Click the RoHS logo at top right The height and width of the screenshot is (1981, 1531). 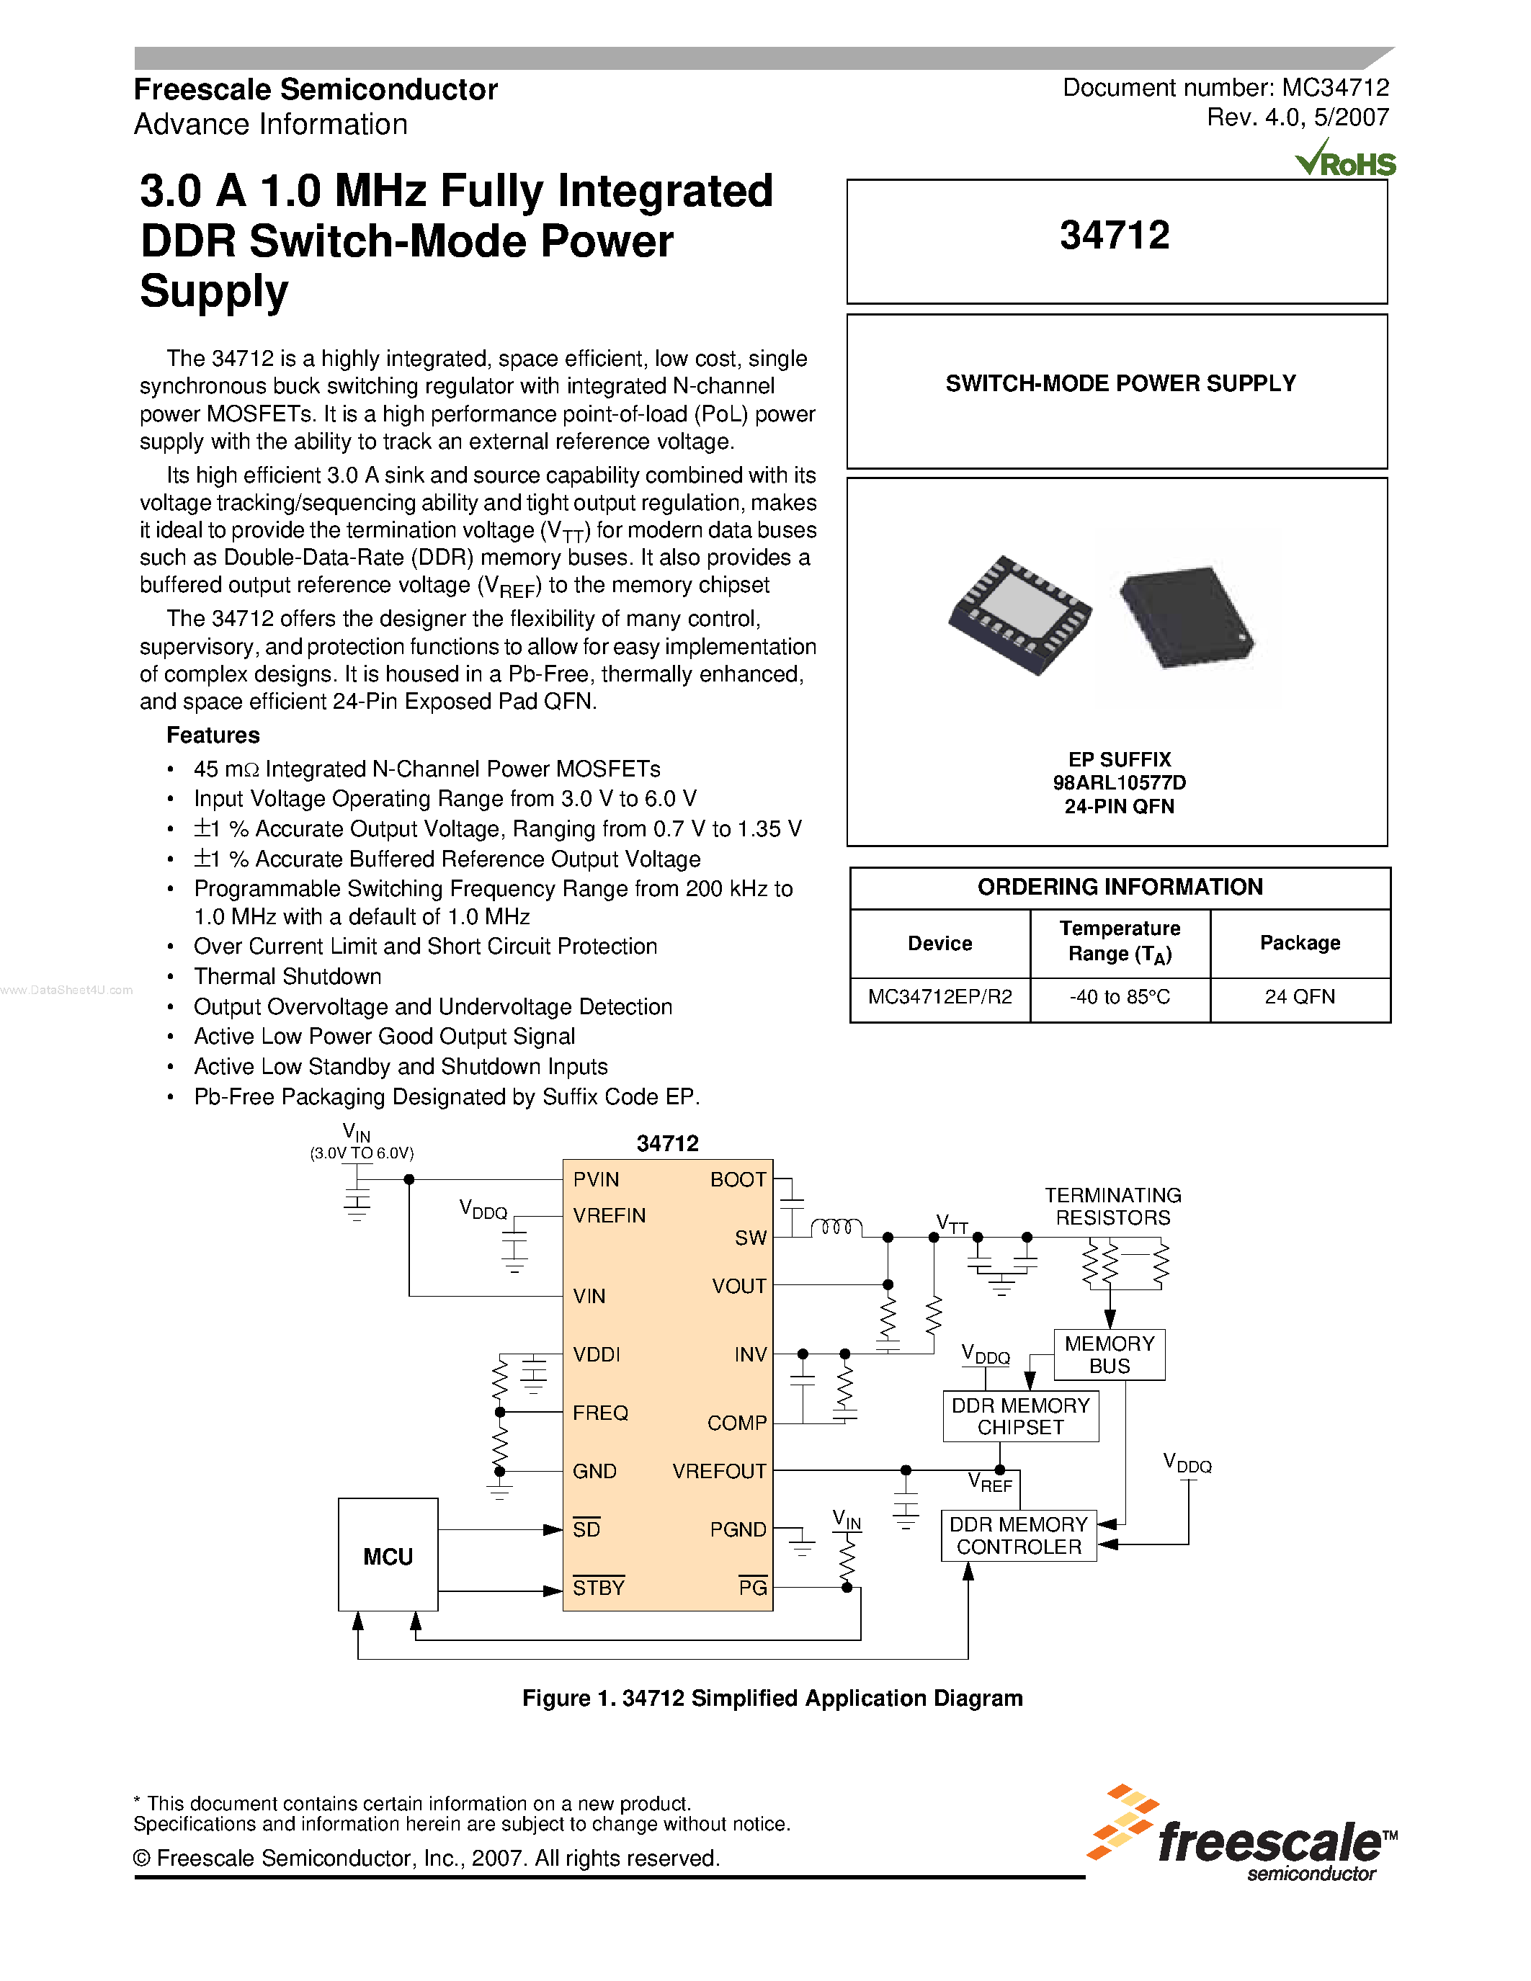coord(1345,161)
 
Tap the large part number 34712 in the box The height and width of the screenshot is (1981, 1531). coord(1115,236)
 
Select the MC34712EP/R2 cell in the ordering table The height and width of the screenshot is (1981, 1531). coord(939,997)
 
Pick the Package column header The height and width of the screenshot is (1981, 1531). coord(1299,944)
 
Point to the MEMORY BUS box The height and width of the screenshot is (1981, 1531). coord(1110,1354)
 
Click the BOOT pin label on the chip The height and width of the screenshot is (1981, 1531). coord(738,1179)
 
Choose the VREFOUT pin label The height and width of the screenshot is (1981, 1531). coord(719,1471)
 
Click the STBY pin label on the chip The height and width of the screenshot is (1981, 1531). coord(599,1588)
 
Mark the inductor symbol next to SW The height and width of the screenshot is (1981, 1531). coord(835,1227)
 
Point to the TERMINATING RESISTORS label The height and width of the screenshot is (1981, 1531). coord(1113,1207)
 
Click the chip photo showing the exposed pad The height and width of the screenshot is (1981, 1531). coord(1019,614)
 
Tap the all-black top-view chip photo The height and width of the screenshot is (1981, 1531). coord(1187,616)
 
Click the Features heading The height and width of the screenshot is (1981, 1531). coord(213,735)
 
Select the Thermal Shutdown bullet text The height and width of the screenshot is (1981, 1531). coord(287,977)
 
